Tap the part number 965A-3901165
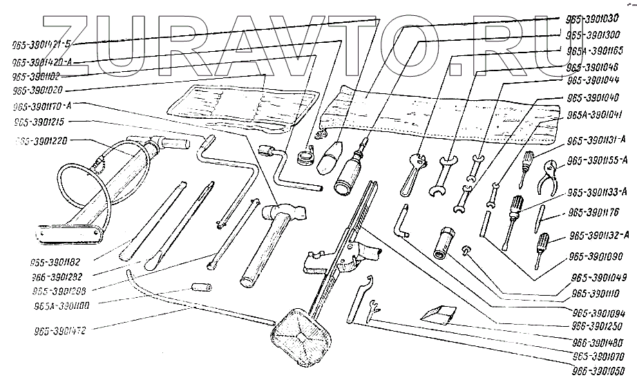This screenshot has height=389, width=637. click(x=593, y=50)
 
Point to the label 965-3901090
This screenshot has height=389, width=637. click(x=596, y=256)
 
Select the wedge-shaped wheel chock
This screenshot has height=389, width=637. click(x=438, y=314)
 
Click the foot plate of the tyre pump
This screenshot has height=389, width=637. click(x=68, y=233)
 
